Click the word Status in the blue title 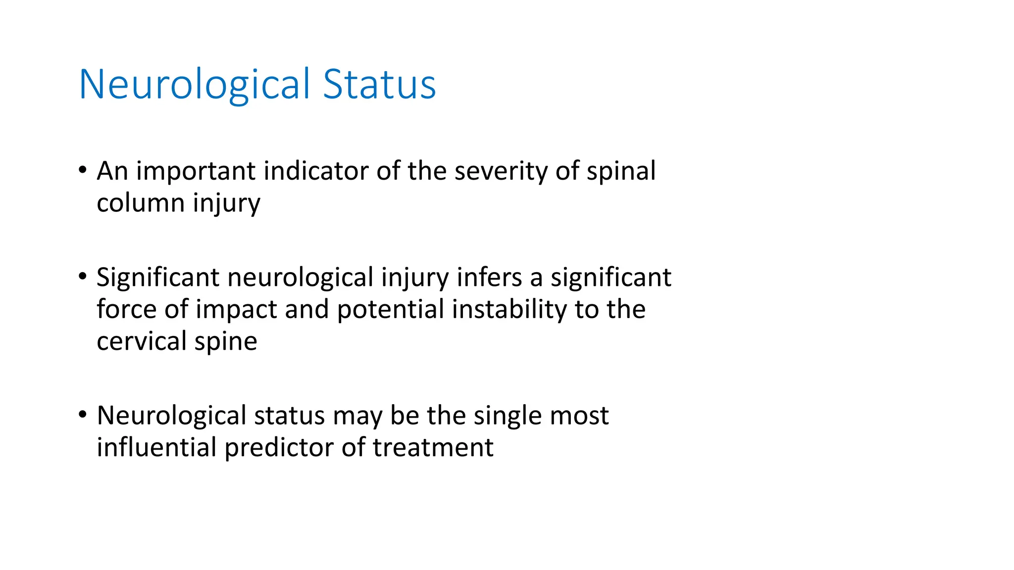coord(379,84)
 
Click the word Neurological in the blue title coord(194,84)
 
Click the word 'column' coord(141,203)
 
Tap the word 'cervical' coord(141,341)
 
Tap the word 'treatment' coord(433,447)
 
